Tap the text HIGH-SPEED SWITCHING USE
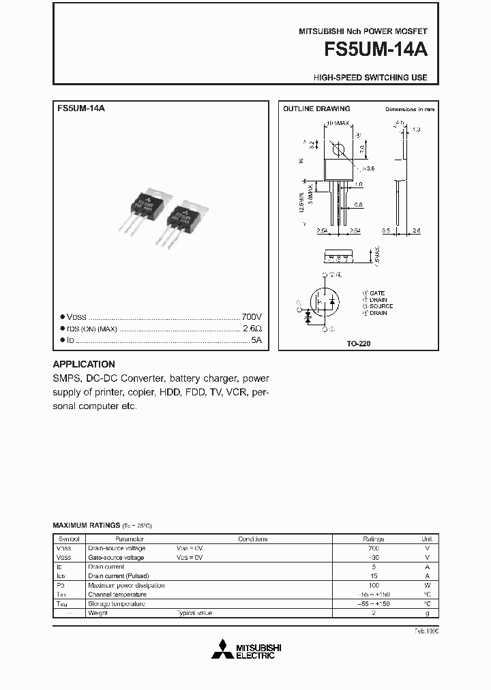tap(370, 78)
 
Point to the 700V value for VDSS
tap(251, 318)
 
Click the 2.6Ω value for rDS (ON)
tap(252, 329)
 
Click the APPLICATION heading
tap(84, 364)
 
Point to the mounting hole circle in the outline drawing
tap(337, 148)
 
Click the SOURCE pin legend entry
tap(380, 306)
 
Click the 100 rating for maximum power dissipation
tap(373, 585)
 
